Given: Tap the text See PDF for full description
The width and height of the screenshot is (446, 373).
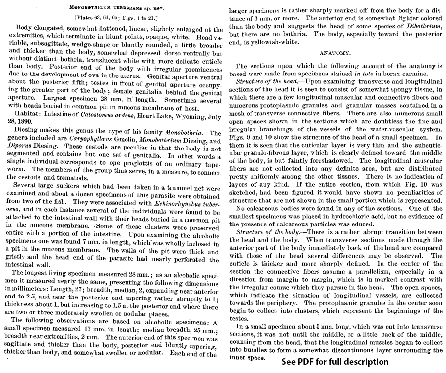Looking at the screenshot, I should pyautogui.click(x=335, y=361).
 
